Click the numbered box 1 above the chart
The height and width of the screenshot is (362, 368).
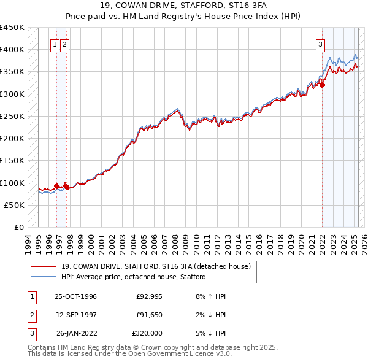point(55,44)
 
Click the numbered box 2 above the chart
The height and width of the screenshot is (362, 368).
point(64,44)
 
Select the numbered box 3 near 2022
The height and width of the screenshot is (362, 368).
point(320,44)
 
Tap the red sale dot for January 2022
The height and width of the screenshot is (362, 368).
point(322,85)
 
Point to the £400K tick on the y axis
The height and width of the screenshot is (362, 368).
point(12,50)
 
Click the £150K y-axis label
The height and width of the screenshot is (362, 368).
point(12,161)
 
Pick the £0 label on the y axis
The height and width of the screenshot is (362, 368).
point(18,228)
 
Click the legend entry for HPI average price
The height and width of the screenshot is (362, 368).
point(133,277)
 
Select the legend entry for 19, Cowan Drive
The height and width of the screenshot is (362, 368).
point(156,266)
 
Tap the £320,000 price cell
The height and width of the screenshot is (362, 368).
point(147,333)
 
